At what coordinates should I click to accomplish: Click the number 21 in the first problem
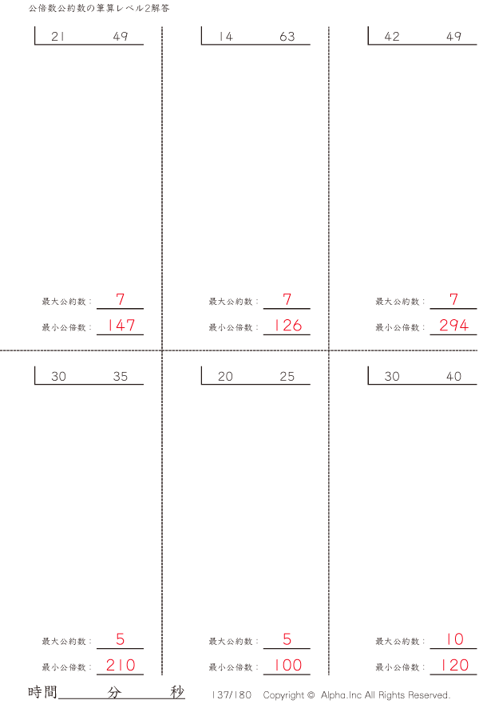pos(57,37)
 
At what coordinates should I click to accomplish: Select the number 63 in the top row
pos(287,37)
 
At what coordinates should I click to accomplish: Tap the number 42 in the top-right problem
pos(392,37)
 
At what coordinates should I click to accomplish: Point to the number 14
pos(226,37)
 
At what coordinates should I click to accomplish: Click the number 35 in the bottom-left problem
pos(121,376)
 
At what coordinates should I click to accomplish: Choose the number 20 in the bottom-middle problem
pos(225,376)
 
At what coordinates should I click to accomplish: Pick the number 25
pos(287,376)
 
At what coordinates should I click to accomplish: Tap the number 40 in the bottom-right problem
pos(454,376)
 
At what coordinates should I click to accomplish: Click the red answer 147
pos(121,325)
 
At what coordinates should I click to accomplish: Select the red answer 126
pos(288,325)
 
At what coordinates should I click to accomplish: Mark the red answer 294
pos(454,325)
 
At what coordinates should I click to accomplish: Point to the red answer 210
pos(121,665)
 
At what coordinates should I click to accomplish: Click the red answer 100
pos(288,665)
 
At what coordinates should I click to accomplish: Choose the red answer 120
pos(455,665)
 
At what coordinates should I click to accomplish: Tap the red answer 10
pos(455,639)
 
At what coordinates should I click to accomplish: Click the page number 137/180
pos(232,694)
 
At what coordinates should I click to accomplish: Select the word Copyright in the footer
pos(283,695)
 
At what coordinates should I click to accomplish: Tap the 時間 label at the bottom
pos(42,692)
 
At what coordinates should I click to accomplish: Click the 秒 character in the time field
pos(177,692)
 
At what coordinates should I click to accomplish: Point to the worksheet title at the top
pos(99,8)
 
